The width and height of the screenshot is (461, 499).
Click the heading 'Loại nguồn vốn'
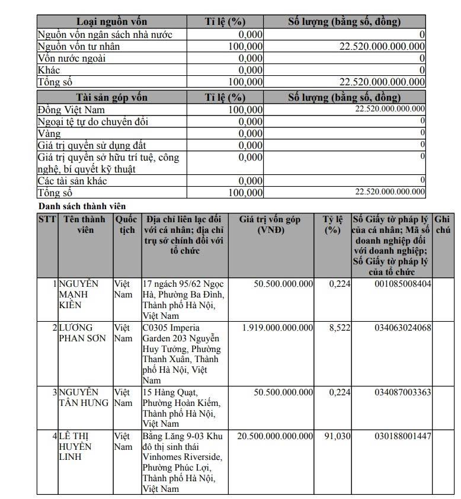click(x=111, y=22)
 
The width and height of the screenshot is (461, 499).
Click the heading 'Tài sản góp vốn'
click(x=111, y=97)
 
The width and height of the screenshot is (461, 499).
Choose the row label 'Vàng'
click(x=49, y=133)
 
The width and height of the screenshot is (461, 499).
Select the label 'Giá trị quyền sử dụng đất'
click(x=92, y=145)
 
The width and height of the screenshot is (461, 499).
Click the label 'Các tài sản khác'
click(x=72, y=181)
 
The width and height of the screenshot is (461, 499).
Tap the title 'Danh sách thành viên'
click(x=82, y=206)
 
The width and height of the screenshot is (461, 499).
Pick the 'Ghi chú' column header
click(x=442, y=225)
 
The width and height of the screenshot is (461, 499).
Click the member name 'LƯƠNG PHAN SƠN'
click(x=82, y=333)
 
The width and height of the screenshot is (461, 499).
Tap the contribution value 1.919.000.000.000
click(x=278, y=328)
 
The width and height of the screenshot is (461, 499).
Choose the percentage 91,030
click(x=337, y=436)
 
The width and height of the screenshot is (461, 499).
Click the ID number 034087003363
click(x=403, y=392)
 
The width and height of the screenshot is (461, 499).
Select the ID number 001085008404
click(x=403, y=284)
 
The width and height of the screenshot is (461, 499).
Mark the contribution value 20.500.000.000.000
click(x=275, y=436)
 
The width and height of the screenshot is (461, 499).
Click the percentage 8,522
click(x=340, y=328)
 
